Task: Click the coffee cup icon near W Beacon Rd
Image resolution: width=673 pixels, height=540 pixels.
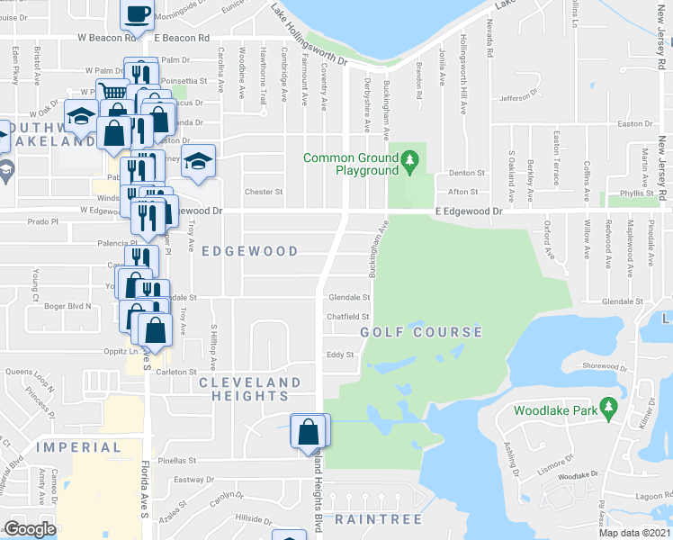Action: (x=137, y=14)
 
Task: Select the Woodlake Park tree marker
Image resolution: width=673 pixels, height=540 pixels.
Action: (x=609, y=410)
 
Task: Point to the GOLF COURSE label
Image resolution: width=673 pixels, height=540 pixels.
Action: (x=421, y=332)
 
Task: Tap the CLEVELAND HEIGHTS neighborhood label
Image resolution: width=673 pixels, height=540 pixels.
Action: (x=249, y=389)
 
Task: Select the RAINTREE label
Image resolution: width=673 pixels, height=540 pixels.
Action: (x=372, y=520)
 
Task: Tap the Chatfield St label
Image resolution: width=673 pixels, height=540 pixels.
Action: (x=348, y=317)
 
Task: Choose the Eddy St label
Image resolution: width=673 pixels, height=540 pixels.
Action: (x=339, y=355)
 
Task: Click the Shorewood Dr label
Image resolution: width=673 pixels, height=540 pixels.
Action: (x=602, y=365)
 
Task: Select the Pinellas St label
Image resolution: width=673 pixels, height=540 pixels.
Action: (x=178, y=459)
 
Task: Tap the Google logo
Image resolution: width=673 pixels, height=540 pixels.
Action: (x=30, y=529)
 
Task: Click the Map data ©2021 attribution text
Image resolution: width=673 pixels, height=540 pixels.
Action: (x=635, y=533)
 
